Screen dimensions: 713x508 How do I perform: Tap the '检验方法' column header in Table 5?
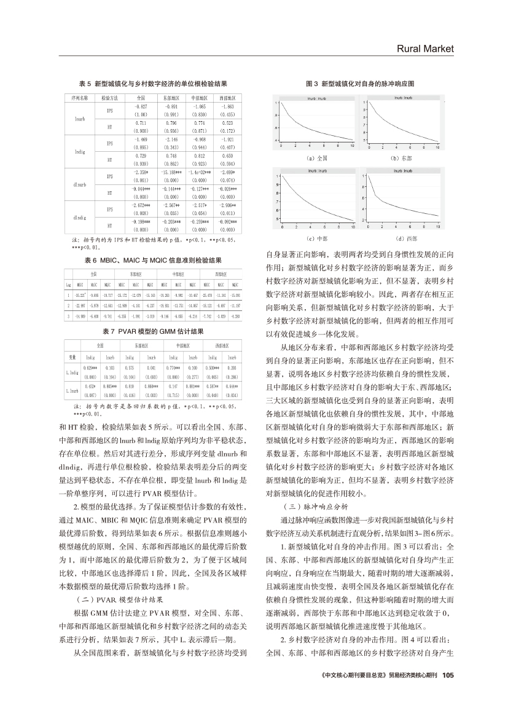109,98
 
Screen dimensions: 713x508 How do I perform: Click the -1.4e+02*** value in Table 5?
199,174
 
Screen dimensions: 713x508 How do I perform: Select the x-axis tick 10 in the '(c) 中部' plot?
352,227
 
